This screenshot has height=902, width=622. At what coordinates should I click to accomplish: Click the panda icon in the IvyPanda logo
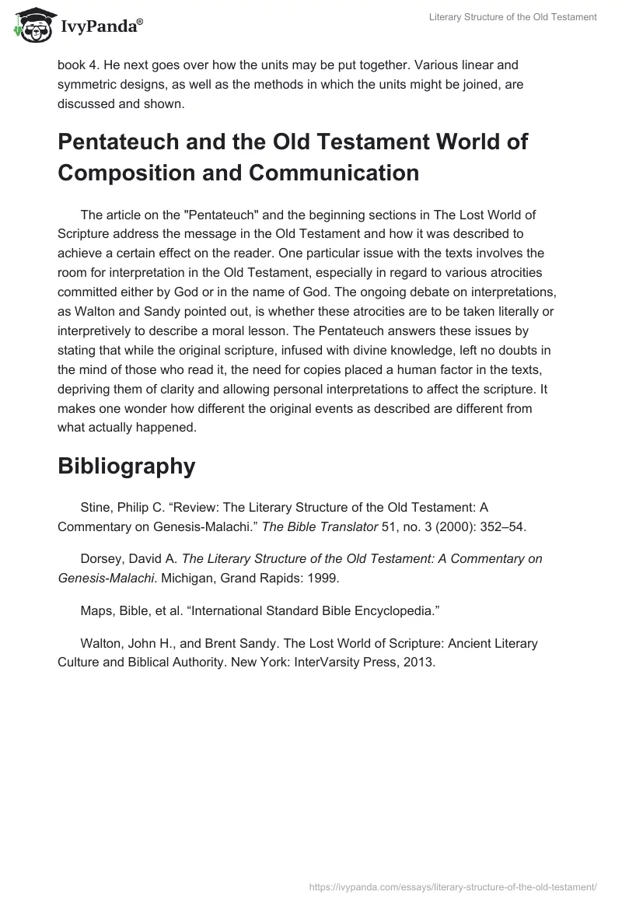(30, 26)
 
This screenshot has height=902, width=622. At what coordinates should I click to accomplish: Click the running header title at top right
(512, 17)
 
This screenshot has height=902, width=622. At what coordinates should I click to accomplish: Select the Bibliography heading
(126, 466)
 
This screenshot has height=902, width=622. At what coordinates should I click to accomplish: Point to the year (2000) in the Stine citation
(445, 526)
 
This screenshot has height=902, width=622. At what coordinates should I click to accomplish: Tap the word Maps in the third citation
(95, 610)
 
